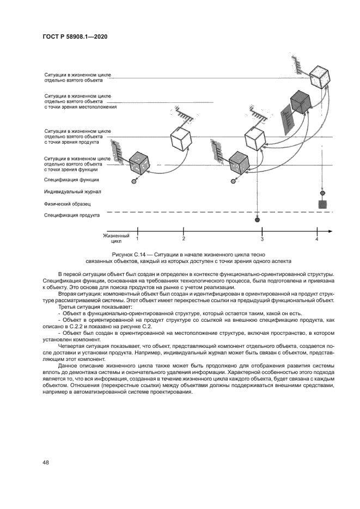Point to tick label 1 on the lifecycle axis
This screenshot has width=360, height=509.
pyautogui.click(x=137, y=238)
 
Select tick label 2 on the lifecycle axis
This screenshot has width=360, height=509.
pyautogui.click(x=184, y=238)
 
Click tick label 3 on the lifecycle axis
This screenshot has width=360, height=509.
pyautogui.click(x=262, y=239)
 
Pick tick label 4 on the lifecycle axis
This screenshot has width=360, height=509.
pyautogui.click(x=317, y=239)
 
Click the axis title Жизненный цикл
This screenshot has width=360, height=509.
pyautogui.click(x=117, y=238)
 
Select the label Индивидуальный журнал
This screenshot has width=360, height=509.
pyautogui.click(x=72, y=192)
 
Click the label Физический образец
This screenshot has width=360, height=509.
pyautogui.click(x=67, y=204)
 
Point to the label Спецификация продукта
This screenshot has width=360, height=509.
pyautogui.click(x=71, y=215)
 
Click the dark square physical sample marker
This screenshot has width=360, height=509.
pyautogui.click(x=322, y=204)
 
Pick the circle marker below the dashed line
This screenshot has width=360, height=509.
pyautogui.click(x=257, y=219)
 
